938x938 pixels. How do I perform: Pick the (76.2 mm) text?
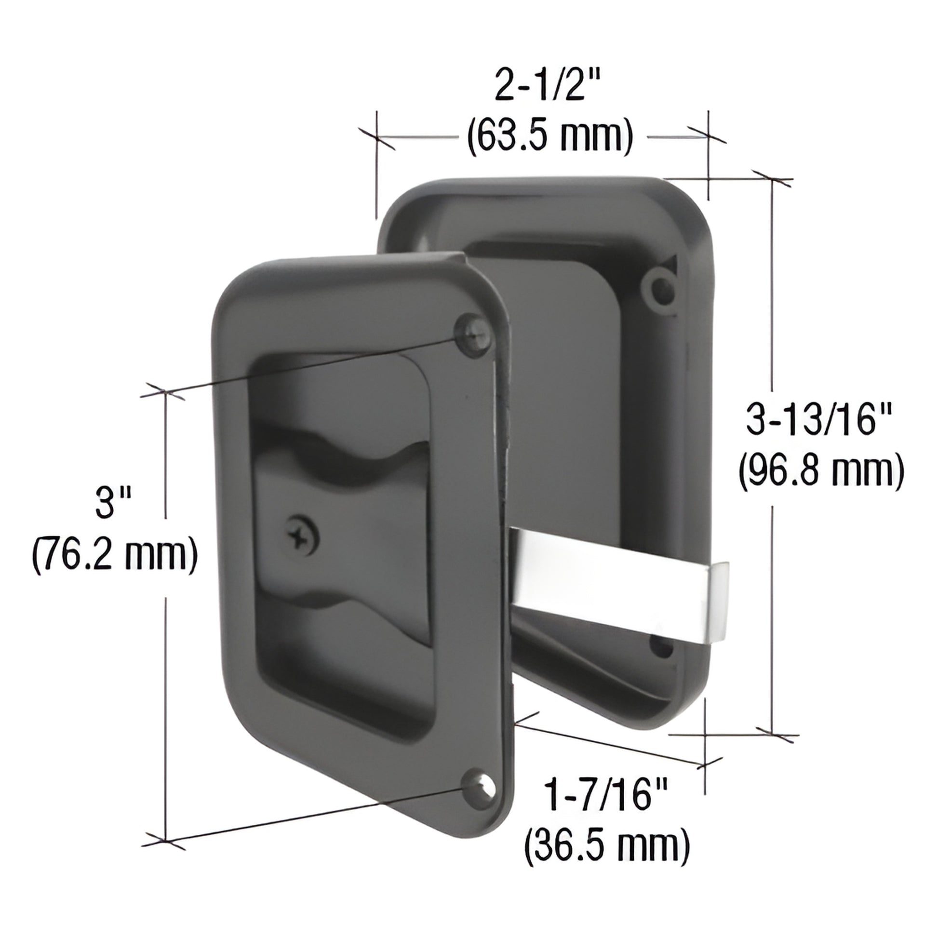click(115, 553)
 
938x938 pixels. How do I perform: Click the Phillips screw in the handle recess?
click(302, 536)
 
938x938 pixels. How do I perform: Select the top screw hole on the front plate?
click(473, 334)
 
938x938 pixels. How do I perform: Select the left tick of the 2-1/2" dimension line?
click(377, 136)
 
